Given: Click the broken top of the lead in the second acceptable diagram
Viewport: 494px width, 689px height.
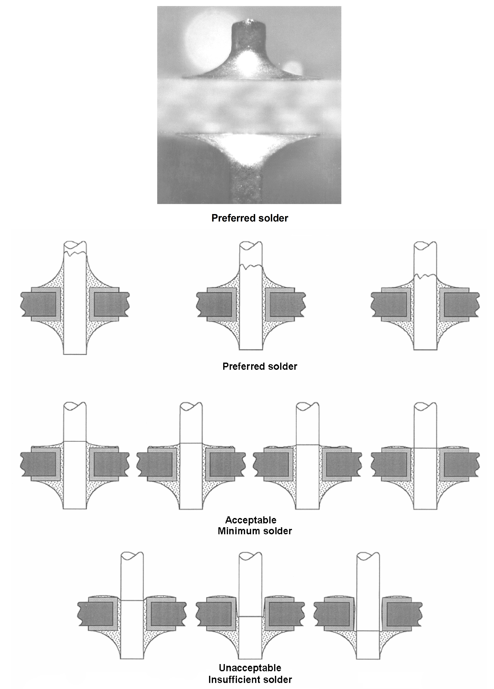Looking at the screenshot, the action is coord(191,406).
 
